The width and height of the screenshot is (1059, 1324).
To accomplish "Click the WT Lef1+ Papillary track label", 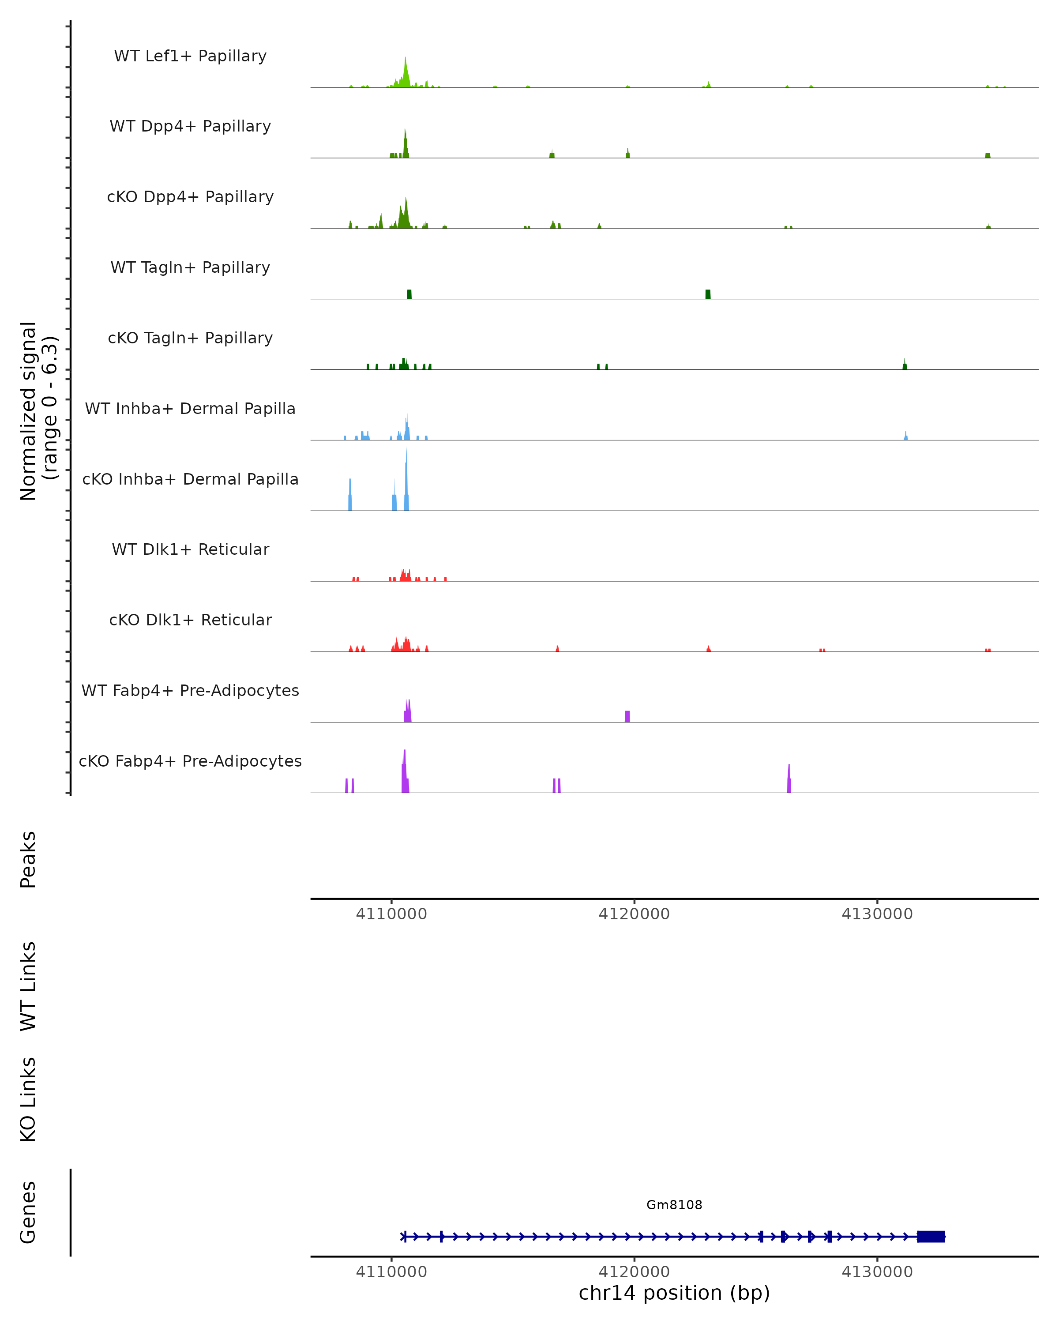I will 190,56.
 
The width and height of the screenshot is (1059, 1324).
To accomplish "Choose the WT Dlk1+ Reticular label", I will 190,549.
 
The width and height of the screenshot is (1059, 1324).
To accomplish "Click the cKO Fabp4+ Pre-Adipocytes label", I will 190,761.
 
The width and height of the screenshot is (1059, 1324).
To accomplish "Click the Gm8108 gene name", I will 674,1205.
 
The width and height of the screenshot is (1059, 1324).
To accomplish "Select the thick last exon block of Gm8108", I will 931,1237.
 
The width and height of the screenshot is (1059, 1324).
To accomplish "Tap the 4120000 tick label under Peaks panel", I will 634,914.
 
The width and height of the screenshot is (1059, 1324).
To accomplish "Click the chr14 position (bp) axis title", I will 674,1293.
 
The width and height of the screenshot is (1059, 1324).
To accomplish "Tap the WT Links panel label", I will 28,986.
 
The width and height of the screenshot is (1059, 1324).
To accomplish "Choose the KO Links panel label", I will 28,1100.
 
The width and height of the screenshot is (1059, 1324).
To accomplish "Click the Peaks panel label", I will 28,860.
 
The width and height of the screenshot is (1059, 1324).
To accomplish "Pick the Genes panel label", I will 28,1212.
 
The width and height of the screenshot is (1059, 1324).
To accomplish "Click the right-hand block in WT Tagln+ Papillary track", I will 708,294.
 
